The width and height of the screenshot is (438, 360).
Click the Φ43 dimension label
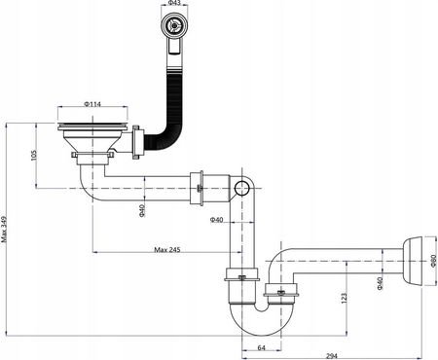point(174,3)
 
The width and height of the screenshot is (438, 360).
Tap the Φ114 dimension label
point(92,104)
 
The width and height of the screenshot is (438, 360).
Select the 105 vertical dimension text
point(34,156)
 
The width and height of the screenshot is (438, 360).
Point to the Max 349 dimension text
point(4,230)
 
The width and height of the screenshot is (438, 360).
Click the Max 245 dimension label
point(167,249)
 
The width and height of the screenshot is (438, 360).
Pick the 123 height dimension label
point(344,299)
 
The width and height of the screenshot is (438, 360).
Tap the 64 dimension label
point(261,347)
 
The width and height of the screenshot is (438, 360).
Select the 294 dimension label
point(332,356)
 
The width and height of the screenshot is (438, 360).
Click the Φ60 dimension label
point(433,261)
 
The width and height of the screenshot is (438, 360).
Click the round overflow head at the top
point(174,24)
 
